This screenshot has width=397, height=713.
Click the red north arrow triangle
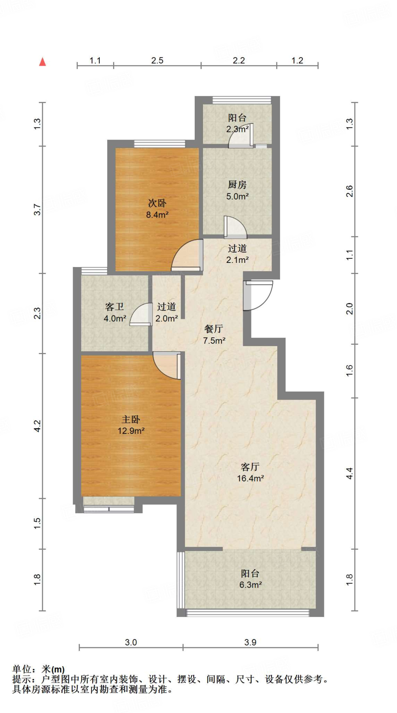42,62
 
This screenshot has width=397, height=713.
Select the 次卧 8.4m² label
157,209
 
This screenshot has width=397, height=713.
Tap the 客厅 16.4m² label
250,472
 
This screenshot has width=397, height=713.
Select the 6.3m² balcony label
250,579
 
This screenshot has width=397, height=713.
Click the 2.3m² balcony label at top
237,123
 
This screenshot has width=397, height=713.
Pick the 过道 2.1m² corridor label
237,254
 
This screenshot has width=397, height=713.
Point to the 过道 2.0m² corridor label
166,312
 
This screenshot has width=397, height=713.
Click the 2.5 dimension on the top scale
157,61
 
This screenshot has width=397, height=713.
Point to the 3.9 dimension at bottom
250,642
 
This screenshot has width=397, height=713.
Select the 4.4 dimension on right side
349,473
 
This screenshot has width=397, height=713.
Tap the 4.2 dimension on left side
37,426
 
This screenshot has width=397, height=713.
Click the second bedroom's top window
159,143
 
